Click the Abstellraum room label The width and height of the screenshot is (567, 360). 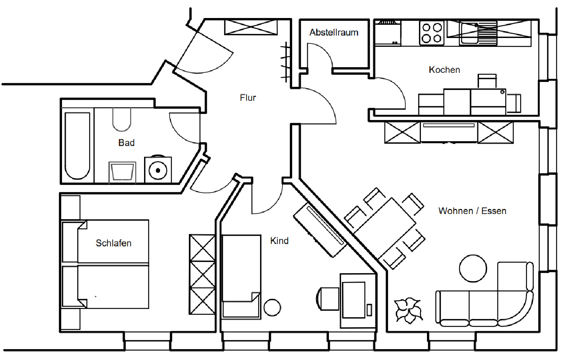point(334,32)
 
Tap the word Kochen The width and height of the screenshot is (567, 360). point(444,70)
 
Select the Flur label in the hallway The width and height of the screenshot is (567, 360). point(248,98)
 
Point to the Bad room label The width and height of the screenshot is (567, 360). point(126,143)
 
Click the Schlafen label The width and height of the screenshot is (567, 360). point(113,243)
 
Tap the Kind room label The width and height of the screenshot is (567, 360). point(279,240)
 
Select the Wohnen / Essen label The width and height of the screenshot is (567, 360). point(472,211)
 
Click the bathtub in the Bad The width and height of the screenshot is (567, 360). point(78,146)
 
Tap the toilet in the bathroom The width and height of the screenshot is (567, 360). point(122,120)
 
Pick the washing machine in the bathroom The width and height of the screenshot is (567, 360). point(158,169)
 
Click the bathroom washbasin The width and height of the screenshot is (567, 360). point(122,172)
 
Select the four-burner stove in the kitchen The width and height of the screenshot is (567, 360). point(432,33)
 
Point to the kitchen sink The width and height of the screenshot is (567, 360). point(472,33)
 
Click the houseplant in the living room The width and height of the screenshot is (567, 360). point(409,310)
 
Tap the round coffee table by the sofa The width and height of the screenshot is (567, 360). point(473,268)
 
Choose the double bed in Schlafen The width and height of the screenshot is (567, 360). point(105,264)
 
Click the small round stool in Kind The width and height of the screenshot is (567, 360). point(272,308)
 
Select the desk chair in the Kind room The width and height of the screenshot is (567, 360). point(327,299)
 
